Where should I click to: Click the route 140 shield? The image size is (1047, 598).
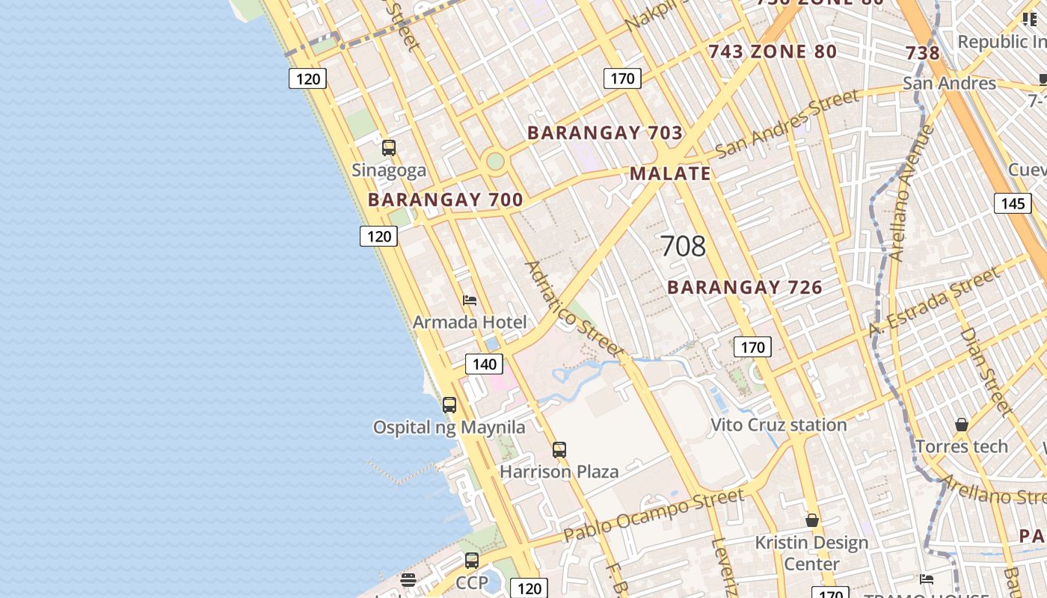(x=485, y=364)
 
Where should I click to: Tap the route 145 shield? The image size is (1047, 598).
(x=1013, y=203)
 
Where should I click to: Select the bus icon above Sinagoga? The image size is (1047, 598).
(x=389, y=148)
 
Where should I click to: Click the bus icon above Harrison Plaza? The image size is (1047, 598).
(x=559, y=450)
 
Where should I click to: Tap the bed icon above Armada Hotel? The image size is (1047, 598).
(x=470, y=300)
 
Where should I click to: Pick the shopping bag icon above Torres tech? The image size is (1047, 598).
(x=962, y=425)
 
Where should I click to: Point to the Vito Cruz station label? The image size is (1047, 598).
(x=779, y=425)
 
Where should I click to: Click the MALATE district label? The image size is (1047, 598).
(x=670, y=174)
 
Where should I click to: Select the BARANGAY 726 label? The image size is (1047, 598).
(x=745, y=288)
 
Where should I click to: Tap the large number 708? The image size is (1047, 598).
(x=683, y=246)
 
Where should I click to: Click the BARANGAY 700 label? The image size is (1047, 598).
(x=445, y=200)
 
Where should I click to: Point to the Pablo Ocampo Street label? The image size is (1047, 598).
(x=654, y=515)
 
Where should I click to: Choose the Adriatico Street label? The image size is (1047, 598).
(x=574, y=308)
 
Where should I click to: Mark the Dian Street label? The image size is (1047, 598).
(x=986, y=371)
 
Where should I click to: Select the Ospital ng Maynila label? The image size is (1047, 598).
(x=449, y=428)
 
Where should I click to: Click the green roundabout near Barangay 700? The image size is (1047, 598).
(x=495, y=161)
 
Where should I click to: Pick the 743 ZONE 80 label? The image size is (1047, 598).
(x=773, y=52)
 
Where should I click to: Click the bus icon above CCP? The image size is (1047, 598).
(x=472, y=560)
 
